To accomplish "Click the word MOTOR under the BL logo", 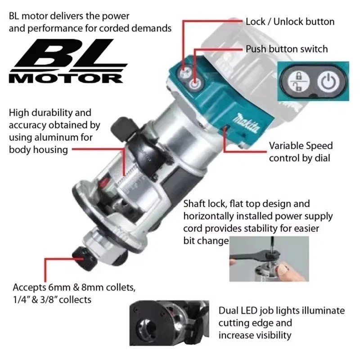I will pyautogui.click(x=66, y=78).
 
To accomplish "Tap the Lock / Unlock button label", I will pyautogui.click(x=290, y=22).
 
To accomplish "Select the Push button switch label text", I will pyautogui.click(x=287, y=49).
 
